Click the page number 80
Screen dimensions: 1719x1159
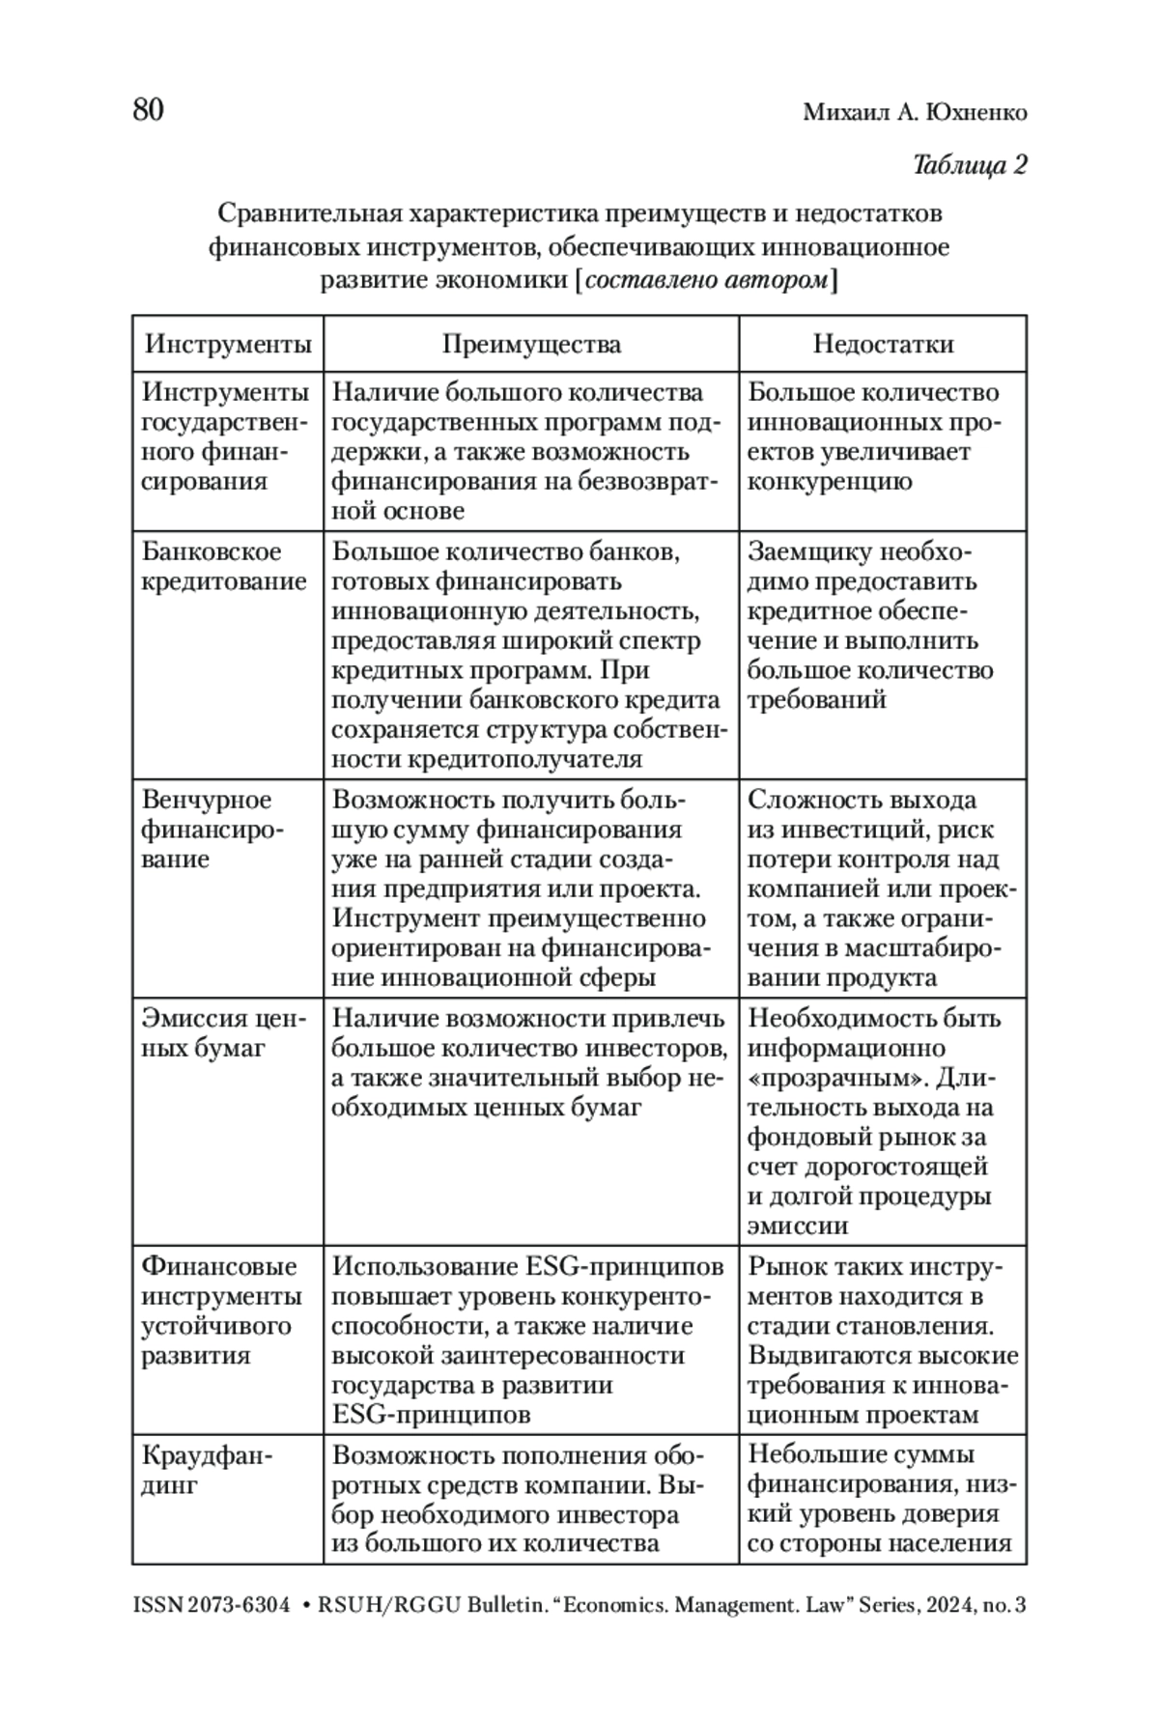(149, 110)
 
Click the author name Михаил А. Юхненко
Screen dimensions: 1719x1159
(915, 113)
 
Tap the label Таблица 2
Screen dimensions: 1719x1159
(969, 165)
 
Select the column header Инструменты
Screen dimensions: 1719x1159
(228, 345)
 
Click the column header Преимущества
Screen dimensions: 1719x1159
(531, 345)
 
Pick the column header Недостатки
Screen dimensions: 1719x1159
(883, 345)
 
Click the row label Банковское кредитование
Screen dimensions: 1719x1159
(225, 567)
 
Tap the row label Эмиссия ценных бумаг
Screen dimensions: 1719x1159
(223, 1033)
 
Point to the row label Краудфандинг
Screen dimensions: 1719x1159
(207, 1469)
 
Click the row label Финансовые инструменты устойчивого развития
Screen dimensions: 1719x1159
(221, 1310)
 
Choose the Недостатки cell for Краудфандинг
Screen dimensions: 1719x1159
(882, 1499)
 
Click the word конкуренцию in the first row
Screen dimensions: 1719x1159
(830, 482)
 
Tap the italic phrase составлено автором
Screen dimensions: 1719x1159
(707, 281)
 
